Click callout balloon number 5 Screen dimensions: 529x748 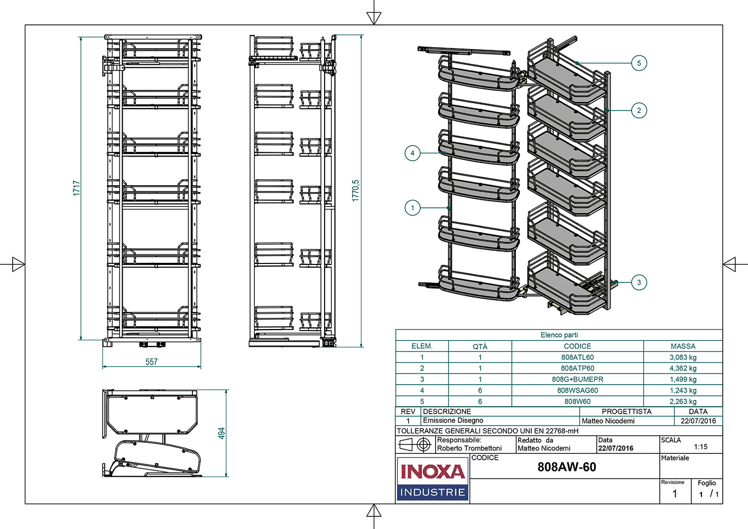click(x=639, y=63)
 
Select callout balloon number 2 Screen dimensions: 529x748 click(x=639, y=111)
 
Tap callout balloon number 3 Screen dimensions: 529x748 click(x=639, y=282)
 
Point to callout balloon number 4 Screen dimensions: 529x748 click(x=412, y=153)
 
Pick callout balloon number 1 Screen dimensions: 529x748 click(x=412, y=208)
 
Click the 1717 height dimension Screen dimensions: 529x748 click(x=77, y=188)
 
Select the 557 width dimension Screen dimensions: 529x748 click(x=152, y=362)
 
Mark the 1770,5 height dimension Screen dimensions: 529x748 click(x=356, y=190)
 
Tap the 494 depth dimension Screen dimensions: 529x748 click(x=222, y=433)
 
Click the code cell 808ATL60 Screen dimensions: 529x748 click(x=577, y=357)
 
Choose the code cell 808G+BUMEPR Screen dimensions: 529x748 click(x=577, y=379)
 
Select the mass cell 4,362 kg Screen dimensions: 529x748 click(x=683, y=368)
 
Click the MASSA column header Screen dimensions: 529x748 click(x=683, y=346)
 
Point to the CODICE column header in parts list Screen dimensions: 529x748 click(x=577, y=346)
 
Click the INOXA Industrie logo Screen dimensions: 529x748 click(x=432, y=479)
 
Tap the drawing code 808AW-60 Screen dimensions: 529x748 click(x=567, y=467)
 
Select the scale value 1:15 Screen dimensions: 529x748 click(x=700, y=447)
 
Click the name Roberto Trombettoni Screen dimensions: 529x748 click(x=469, y=448)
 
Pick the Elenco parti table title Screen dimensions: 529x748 click(x=559, y=335)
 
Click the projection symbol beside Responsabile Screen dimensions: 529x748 click(x=415, y=445)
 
